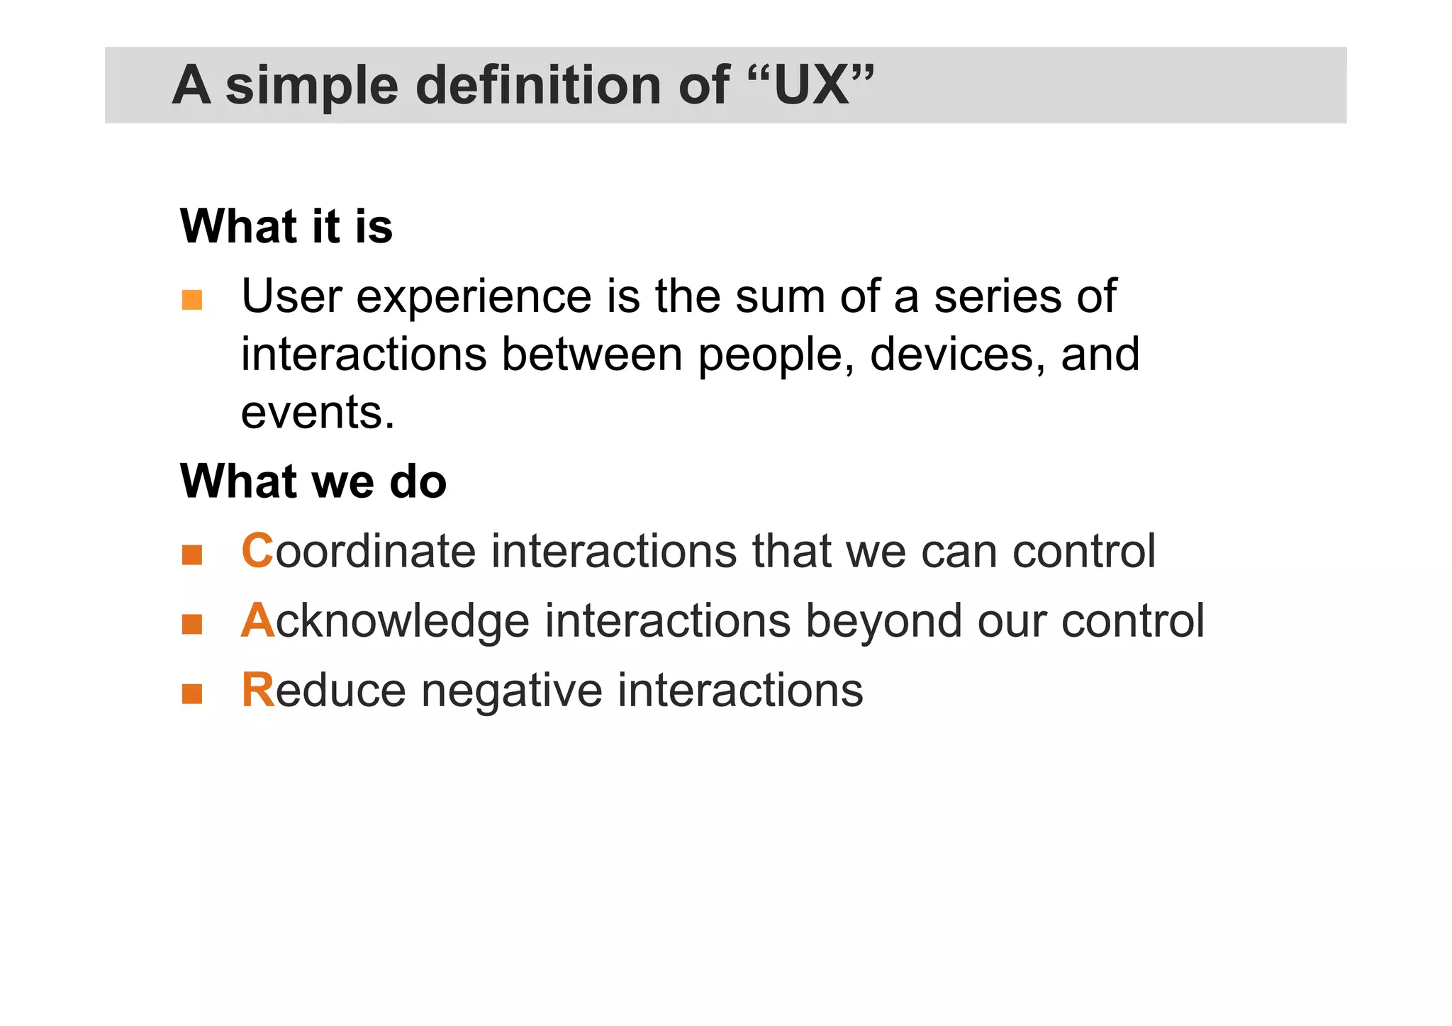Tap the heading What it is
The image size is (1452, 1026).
tap(286, 227)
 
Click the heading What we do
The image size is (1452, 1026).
tap(313, 482)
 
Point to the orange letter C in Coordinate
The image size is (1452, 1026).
tap(257, 551)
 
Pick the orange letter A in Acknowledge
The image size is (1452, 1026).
tap(257, 620)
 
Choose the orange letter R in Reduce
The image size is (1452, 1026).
tap(257, 690)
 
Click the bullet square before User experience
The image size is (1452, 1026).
tap(192, 300)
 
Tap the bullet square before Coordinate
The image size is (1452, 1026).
tap(192, 554)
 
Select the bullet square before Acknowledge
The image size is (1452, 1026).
tap(192, 624)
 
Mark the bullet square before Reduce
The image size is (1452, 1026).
tap(192, 693)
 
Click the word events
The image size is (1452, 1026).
tap(318, 413)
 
